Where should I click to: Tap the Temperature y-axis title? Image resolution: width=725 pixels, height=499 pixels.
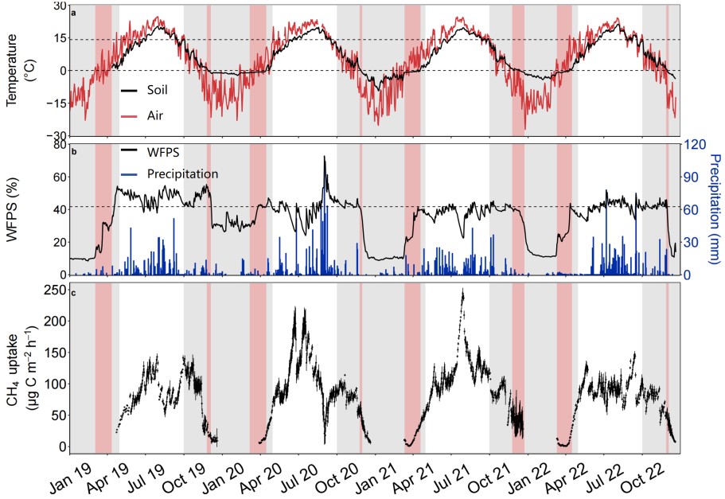(x=21, y=71)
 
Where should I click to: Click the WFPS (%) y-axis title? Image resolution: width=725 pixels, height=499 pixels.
(x=21, y=210)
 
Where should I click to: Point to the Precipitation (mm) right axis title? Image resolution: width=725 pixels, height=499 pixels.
(x=714, y=210)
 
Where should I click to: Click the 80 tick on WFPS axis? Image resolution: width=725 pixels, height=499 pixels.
(x=59, y=145)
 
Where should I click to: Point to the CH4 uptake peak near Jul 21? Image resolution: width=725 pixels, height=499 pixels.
(x=462, y=290)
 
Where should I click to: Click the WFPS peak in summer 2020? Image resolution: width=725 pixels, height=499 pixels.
(x=325, y=158)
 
